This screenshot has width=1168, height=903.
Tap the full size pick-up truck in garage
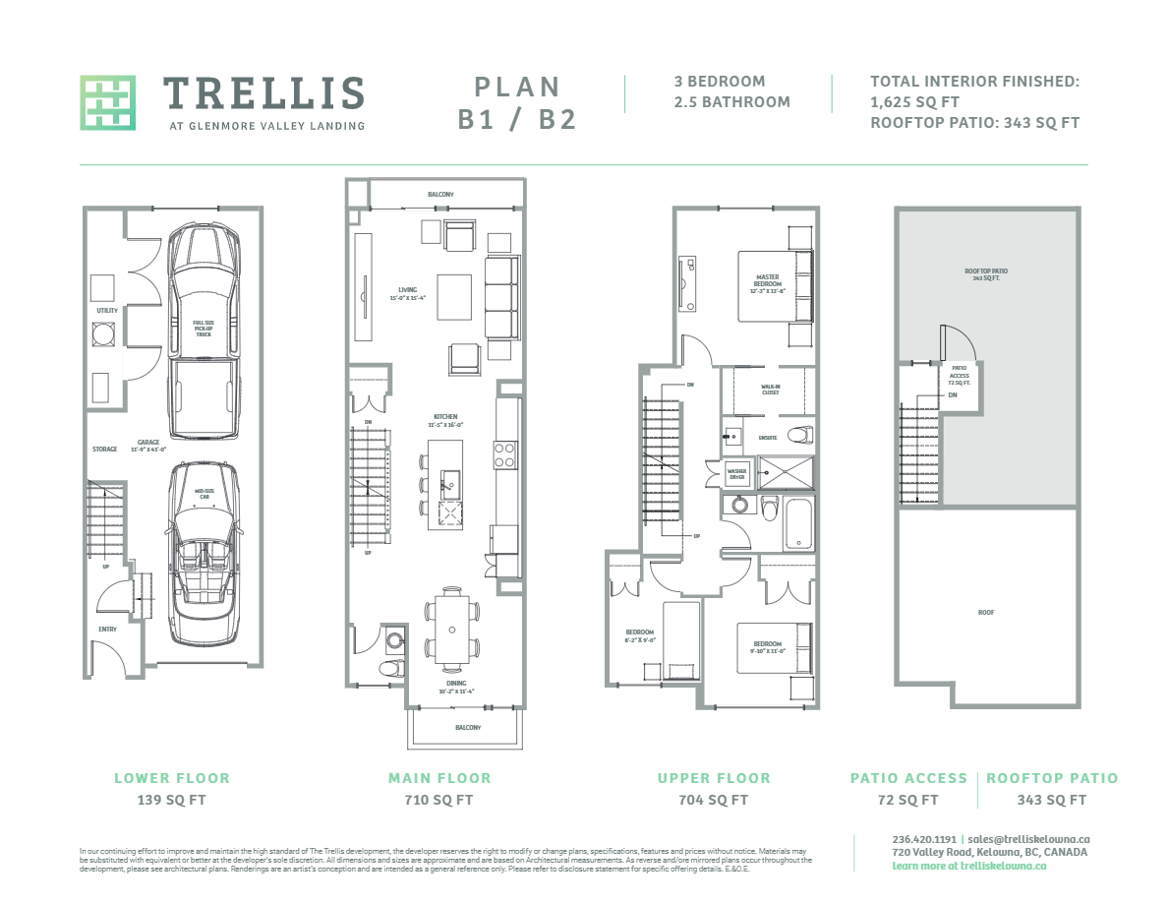204,330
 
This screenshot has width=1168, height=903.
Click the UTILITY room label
107,311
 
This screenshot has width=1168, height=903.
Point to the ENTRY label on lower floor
107,629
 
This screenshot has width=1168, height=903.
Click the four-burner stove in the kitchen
504,453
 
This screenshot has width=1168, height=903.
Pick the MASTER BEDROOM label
768,281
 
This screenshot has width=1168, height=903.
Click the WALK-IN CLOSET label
770,389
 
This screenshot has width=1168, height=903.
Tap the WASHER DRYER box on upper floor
737,474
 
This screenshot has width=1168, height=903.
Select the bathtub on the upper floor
797,523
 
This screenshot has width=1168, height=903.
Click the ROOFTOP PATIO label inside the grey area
986,274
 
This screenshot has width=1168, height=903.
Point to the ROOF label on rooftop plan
986,612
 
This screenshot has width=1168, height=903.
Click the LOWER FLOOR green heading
172,778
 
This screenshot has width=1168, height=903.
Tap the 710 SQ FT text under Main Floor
439,800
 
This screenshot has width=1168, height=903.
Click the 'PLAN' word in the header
517,87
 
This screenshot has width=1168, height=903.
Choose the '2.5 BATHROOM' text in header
731,102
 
